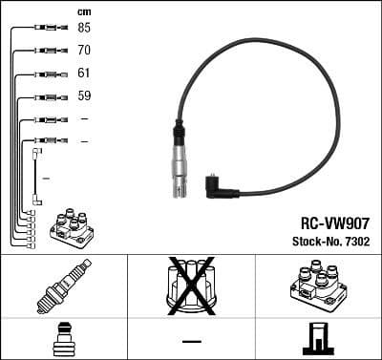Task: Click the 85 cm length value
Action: [84, 28]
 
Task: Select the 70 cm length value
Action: [84, 51]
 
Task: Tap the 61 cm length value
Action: [84, 74]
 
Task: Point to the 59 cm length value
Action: [84, 95]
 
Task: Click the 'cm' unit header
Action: [83, 11]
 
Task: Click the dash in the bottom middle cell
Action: [191, 340]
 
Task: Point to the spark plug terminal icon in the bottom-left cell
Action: [61, 339]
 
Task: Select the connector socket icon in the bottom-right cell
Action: [317, 339]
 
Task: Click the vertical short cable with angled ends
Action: [36, 176]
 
